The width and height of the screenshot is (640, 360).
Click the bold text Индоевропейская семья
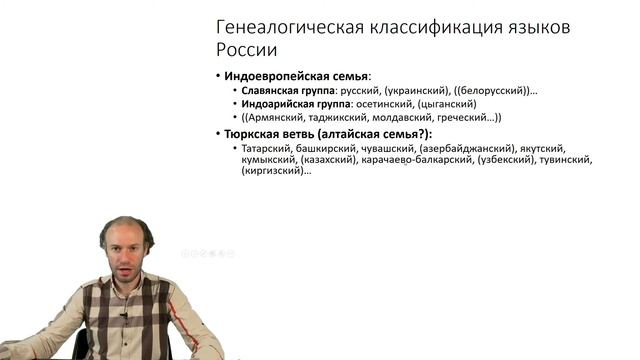click(296, 76)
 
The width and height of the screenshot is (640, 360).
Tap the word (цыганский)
click(439, 104)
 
